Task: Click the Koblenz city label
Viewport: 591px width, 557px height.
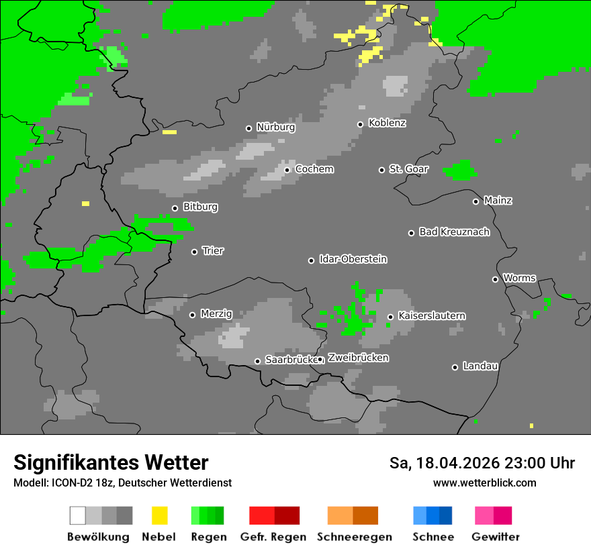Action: point(387,123)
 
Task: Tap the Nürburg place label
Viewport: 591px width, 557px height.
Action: point(275,128)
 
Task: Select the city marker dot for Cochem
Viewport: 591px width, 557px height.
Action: point(287,170)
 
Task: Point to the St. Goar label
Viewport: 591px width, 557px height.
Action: point(408,169)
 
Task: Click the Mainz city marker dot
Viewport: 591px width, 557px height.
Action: point(475,201)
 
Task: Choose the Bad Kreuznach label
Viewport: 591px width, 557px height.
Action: point(454,232)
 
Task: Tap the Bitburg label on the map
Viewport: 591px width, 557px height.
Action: point(200,207)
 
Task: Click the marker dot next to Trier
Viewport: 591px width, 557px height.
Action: point(194,252)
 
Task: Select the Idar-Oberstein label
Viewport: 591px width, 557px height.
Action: point(353,260)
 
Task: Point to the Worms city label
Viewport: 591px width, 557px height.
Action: point(519,278)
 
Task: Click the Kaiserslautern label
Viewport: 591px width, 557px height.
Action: point(431,316)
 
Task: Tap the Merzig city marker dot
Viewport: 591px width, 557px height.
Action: point(192,315)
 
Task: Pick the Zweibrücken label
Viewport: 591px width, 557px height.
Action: point(358,358)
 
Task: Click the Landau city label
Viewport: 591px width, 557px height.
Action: point(480,366)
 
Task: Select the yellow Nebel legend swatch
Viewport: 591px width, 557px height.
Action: point(159,515)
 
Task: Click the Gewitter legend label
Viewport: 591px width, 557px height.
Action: point(496,537)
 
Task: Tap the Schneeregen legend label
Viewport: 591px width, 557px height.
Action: point(354,537)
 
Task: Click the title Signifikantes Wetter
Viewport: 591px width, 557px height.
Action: point(111,462)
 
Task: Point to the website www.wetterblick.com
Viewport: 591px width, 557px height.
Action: point(484,483)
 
